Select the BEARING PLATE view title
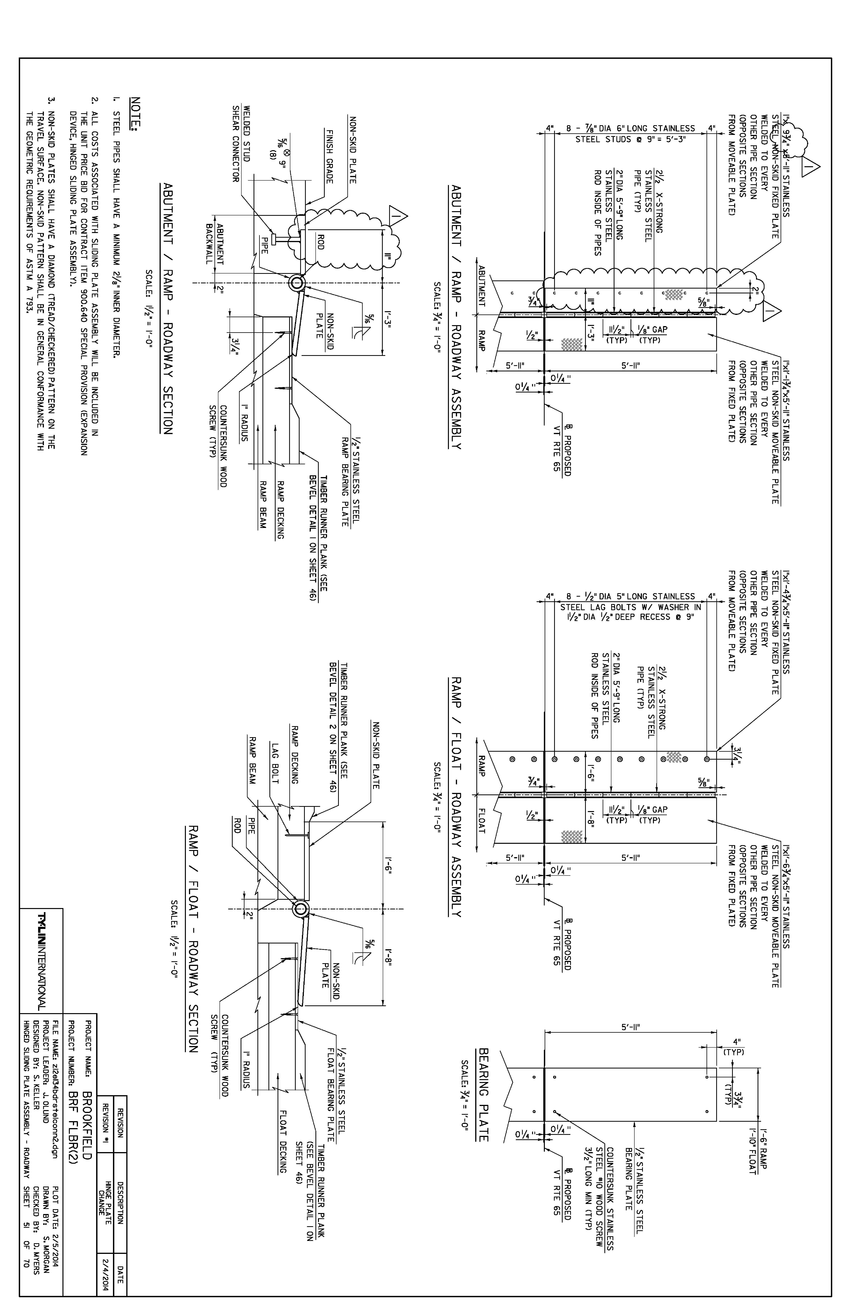coord(484,1095)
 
